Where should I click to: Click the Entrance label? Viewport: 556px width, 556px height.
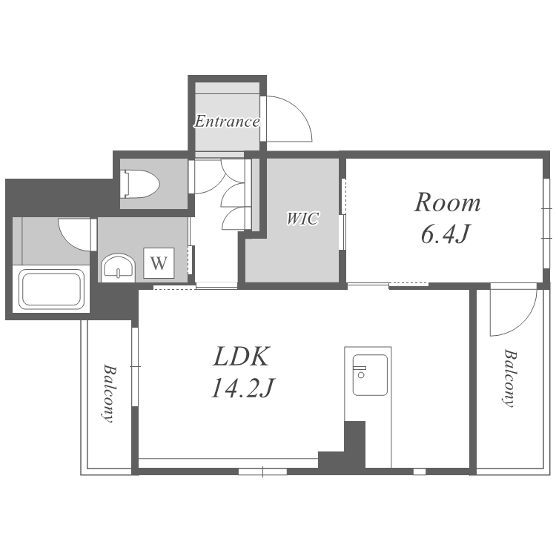coord(227,122)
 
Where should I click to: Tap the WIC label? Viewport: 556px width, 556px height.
coord(302,219)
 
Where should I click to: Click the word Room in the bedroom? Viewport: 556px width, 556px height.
coord(448,202)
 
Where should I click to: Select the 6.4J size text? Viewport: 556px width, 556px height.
coord(446,234)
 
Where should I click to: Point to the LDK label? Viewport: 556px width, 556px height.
coord(242,356)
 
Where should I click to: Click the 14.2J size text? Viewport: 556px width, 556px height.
coord(243,388)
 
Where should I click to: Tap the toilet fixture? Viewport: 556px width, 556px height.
coord(140,184)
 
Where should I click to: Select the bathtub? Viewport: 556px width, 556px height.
coord(51,290)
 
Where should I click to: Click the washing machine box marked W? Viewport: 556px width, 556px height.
coord(159,262)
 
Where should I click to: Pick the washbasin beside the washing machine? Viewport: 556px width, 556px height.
coord(119,268)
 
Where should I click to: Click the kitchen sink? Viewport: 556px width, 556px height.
coord(369,375)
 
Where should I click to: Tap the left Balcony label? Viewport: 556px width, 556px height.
coord(109,393)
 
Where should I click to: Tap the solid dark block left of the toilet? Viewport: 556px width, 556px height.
coord(60,196)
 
